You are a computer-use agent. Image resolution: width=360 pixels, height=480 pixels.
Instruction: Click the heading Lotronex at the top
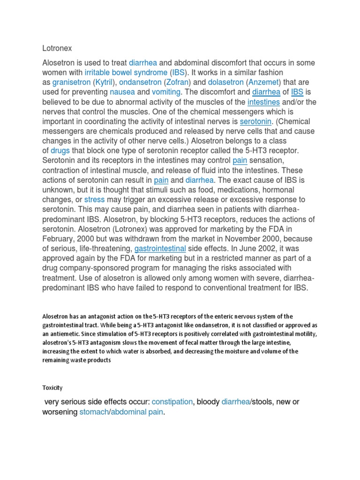[58, 48]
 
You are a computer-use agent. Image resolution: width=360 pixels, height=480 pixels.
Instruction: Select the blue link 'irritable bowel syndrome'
[125, 73]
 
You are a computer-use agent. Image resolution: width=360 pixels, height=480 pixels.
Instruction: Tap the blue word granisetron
[71, 82]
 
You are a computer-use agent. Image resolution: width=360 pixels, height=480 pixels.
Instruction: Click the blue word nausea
[122, 92]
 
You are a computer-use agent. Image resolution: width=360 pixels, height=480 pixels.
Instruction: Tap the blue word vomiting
[168, 92]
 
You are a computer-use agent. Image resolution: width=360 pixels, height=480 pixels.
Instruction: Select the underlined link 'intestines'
[263, 102]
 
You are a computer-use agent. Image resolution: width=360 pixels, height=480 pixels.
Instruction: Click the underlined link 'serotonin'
[256, 121]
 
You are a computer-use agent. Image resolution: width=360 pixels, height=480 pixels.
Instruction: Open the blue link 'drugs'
[60, 150]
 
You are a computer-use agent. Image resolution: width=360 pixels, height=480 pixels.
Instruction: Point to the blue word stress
[94, 200]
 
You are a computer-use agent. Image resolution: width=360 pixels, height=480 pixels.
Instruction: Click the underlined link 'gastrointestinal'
[160, 248]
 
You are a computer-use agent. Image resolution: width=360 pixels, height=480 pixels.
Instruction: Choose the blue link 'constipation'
[172, 402]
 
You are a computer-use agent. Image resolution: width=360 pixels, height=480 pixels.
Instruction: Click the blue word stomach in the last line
[93, 412]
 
